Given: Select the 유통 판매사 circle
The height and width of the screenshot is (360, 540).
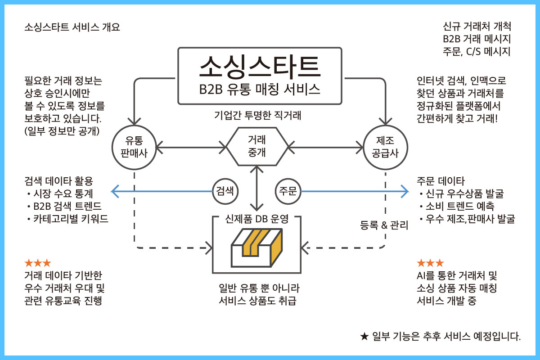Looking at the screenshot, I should (x=134, y=147).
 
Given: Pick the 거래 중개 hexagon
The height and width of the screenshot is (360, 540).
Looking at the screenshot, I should (x=256, y=146).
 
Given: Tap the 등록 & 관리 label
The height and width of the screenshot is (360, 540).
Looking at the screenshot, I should (x=384, y=225).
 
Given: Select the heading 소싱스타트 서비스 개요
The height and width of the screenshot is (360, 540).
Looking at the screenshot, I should (x=72, y=27).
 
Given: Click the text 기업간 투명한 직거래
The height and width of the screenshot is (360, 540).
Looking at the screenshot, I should (x=257, y=115).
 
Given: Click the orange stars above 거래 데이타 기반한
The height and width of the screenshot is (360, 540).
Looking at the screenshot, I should (x=38, y=263).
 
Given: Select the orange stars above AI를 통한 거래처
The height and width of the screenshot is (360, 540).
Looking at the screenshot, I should (x=430, y=263).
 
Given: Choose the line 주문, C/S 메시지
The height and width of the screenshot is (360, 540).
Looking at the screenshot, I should (x=477, y=51).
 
